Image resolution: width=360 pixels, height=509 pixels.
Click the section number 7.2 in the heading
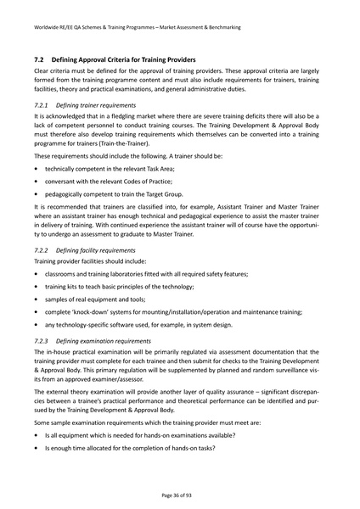38,60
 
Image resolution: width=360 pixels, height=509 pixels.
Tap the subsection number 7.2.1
42,101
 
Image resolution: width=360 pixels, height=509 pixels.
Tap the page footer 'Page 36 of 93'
179,495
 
